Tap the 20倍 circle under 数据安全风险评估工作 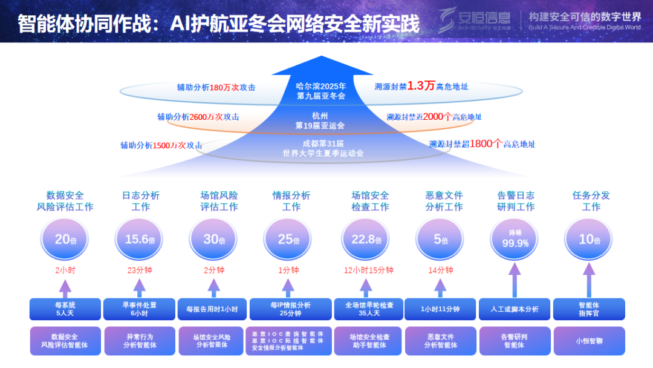65,240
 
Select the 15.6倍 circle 140,240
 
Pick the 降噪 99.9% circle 515,240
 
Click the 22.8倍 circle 366,240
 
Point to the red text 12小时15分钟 369,271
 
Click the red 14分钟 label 441,271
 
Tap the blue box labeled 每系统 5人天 65,309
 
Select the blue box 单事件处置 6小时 140,309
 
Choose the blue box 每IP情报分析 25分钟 290,309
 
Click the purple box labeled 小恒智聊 590,341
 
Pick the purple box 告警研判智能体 514,341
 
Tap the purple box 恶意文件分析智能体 441,341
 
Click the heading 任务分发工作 591,201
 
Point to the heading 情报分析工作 291,201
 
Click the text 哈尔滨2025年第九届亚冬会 321,91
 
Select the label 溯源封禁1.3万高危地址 421,87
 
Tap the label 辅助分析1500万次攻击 161,145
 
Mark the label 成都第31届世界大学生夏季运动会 323,148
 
